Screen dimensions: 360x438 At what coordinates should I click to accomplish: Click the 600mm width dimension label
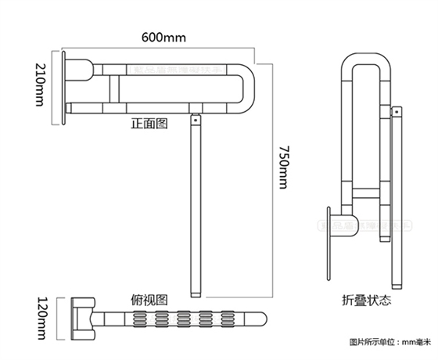pos(164,38)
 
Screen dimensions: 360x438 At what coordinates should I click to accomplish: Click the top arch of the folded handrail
pos(364,61)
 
